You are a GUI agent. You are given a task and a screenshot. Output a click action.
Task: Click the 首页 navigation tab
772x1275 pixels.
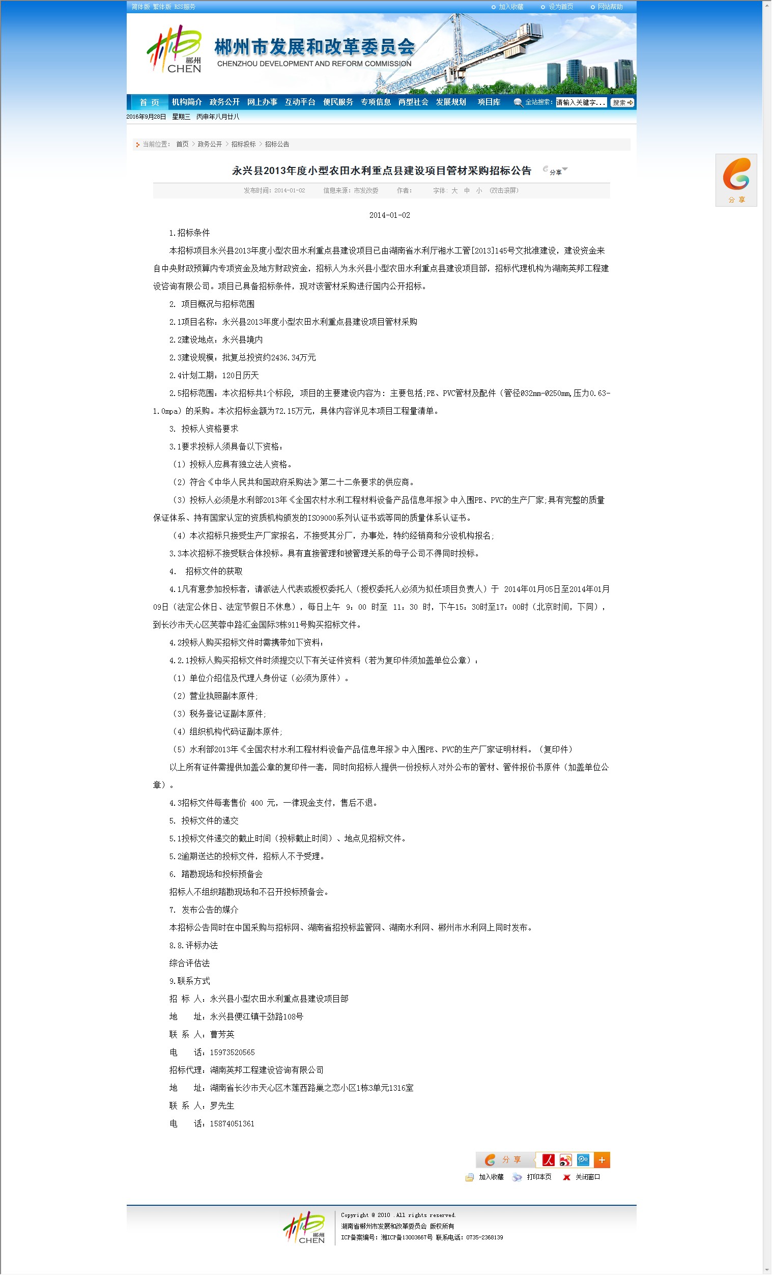pos(149,102)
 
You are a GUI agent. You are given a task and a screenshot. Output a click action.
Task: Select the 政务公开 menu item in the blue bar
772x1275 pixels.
pos(224,102)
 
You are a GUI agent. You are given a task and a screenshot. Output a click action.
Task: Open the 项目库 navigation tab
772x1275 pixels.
pos(489,102)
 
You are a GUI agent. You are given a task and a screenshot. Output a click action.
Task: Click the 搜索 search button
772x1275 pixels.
pos(622,102)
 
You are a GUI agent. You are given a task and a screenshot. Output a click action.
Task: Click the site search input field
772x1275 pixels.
pos(581,102)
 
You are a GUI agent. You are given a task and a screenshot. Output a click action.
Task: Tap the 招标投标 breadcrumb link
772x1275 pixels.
pos(243,145)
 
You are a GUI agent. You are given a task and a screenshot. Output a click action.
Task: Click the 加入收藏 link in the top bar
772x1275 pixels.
pos(511,7)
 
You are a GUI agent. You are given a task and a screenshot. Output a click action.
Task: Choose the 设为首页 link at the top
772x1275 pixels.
pos(560,7)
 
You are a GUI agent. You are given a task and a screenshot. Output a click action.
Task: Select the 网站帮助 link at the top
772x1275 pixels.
pos(610,7)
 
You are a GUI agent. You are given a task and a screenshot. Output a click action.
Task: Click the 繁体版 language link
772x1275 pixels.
pos(162,7)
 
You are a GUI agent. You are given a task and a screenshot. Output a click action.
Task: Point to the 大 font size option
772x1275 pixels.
pos(454,191)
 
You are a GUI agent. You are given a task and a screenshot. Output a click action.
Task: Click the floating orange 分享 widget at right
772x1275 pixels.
pos(736,180)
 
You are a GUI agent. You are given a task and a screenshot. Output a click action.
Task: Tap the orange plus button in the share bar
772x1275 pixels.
pos(602,1160)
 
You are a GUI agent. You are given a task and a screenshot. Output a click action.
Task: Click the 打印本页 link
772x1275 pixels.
pos(538,1177)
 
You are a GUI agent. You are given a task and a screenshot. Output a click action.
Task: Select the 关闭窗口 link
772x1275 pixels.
pos(587,1177)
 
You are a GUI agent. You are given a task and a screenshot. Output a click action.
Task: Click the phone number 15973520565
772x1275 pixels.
pos(233,1053)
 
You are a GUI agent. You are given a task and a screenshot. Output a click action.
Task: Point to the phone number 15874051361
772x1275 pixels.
pos(233,1124)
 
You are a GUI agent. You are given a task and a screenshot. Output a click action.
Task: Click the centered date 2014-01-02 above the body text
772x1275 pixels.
pos(390,215)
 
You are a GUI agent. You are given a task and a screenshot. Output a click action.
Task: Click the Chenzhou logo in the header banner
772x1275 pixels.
pos(175,50)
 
